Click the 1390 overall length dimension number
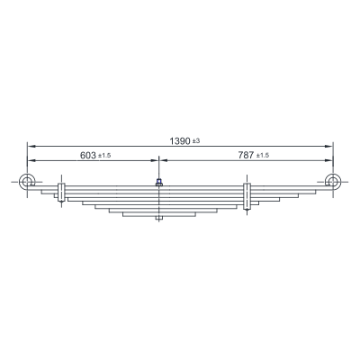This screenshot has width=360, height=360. [x=180, y=140]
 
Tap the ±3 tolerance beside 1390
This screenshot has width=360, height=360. [x=196, y=140]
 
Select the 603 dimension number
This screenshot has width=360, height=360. [x=88, y=156]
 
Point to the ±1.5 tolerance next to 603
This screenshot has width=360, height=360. [x=104, y=156]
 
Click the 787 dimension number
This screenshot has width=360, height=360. [x=247, y=155]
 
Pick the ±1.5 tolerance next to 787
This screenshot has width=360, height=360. [x=263, y=155]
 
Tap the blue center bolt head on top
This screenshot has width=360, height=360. [x=159, y=181]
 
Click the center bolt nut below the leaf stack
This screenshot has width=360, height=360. [x=159, y=219]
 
